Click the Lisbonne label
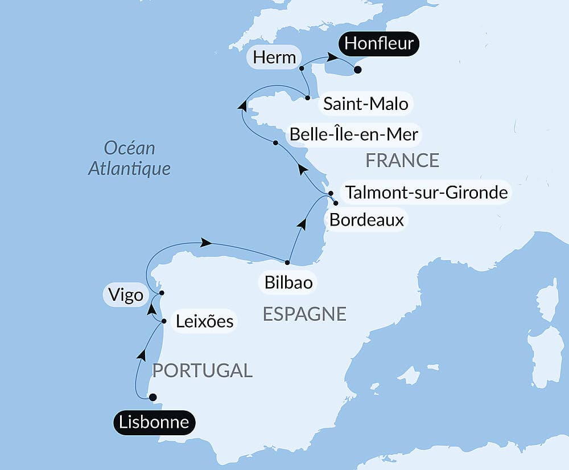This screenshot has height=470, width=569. coord(154,422)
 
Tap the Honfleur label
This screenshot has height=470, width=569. coord(379,43)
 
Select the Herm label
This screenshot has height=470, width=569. coord(275,58)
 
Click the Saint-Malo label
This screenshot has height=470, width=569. coord(365,104)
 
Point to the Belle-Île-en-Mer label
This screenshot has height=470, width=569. coord(354,134)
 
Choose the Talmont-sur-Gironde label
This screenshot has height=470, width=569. coord(426,192)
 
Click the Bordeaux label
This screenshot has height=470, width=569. coord(366,220)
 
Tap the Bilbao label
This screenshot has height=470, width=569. coord(288,283)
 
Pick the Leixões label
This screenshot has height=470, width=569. coord(204,321)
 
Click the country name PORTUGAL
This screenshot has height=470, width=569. coord(202,370)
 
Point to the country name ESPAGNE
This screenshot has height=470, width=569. coord(304,314)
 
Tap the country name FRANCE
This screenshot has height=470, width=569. coord(402,161)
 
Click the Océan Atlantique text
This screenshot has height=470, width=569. coord(129,158)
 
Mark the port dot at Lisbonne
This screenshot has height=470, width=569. coord(152,397)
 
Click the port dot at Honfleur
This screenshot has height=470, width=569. coord(357,70)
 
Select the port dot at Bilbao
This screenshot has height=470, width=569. coord(287,263)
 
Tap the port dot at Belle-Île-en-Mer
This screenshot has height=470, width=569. coord(275,142)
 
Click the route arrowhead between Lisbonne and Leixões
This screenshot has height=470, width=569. coord(141,355)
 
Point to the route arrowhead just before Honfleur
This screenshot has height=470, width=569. coord(330,58)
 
